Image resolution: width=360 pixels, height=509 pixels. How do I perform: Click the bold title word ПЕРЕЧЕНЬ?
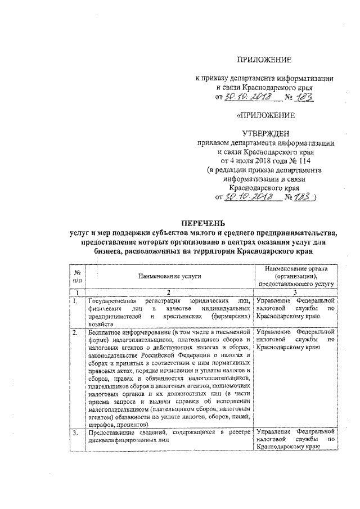(209, 223)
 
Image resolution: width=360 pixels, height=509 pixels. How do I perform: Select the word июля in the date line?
(245, 160)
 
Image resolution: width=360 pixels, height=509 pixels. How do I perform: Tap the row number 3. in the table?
(76, 432)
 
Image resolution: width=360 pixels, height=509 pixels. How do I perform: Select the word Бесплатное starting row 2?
(107, 332)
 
